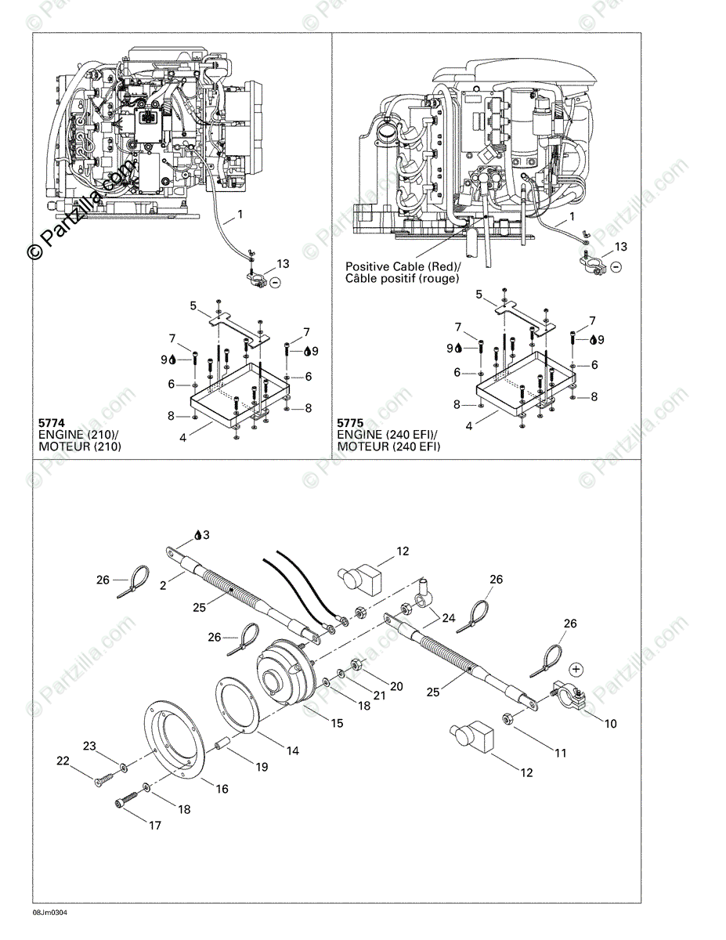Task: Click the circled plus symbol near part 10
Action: pos(576,669)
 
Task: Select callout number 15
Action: pos(337,724)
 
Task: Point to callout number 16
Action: pos(222,789)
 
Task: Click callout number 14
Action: pos(292,750)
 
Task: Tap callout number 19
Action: pos(262,768)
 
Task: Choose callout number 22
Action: pos(63,761)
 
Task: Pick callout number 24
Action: pos(448,618)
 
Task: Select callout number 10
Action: pos(609,724)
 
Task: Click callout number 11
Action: pos(560,754)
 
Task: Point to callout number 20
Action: pos(396,686)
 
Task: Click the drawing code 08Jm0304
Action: pos(48,913)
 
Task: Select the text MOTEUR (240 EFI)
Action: pos(388,446)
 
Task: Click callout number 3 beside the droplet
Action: pos(206,535)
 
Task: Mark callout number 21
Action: pos(379,696)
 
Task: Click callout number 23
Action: pos(89,747)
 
